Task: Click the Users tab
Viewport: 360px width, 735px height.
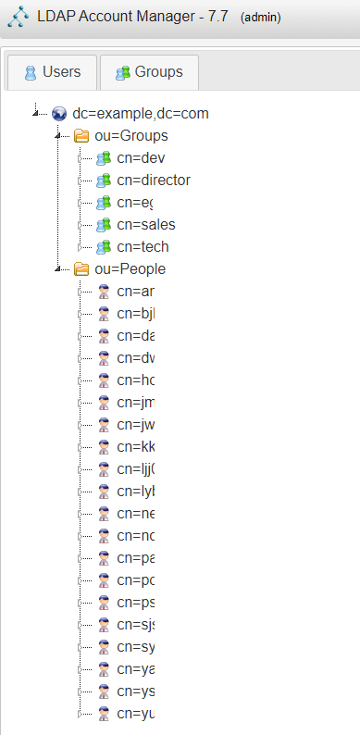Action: coord(53,71)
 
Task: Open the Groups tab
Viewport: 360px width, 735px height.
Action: coord(148,71)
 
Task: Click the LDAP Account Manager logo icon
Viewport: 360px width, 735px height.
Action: coord(17,17)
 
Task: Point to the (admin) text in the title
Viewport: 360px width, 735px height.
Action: coord(259,18)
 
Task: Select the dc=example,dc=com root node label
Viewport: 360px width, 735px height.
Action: coord(140,114)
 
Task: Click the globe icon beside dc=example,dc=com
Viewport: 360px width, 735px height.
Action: coord(59,114)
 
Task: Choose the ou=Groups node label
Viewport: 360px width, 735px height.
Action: coord(131,136)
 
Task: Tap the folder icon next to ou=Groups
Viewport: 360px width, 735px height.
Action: coord(81,136)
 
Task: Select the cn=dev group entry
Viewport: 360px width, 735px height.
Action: coord(141,158)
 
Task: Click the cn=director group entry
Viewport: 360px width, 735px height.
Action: coord(153,181)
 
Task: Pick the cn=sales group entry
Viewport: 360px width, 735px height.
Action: coord(145,225)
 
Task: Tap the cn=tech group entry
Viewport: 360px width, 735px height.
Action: coord(143,247)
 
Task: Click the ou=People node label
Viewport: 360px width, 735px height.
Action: coord(130,269)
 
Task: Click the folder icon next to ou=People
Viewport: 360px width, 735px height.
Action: coord(81,269)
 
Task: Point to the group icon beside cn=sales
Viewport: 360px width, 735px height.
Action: coord(104,225)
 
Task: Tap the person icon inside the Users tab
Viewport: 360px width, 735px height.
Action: coord(31,72)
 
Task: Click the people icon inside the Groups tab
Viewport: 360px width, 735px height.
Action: coord(119,72)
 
